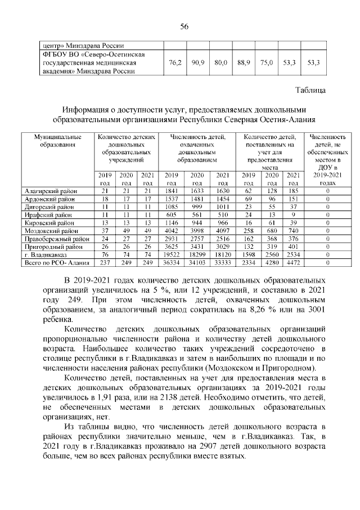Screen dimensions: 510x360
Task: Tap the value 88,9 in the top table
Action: point(243,63)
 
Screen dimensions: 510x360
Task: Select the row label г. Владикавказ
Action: point(45,255)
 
